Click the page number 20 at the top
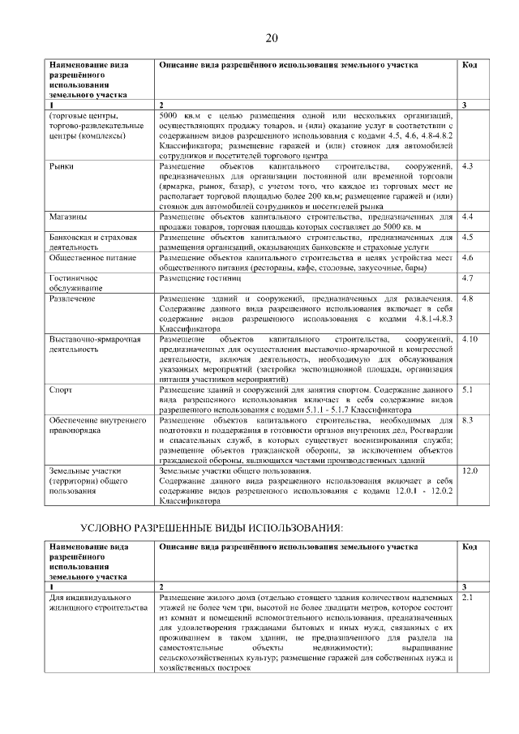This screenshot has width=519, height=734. (x=271, y=38)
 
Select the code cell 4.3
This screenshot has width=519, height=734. (x=466, y=165)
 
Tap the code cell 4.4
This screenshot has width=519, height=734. (x=466, y=217)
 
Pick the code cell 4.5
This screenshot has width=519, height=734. (x=466, y=238)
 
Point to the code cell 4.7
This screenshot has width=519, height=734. (x=466, y=278)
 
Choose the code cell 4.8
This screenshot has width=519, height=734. (x=466, y=298)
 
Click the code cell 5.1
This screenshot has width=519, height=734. (x=466, y=390)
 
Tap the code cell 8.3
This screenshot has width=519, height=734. (x=466, y=420)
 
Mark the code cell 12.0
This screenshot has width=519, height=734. (x=469, y=470)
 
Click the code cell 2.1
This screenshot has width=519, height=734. (x=466, y=598)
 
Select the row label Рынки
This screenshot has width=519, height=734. (x=61, y=165)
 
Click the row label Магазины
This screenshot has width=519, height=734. (x=68, y=217)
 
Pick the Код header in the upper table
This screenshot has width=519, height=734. (x=469, y=64)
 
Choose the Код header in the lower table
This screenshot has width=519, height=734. (x=469, y=547)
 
